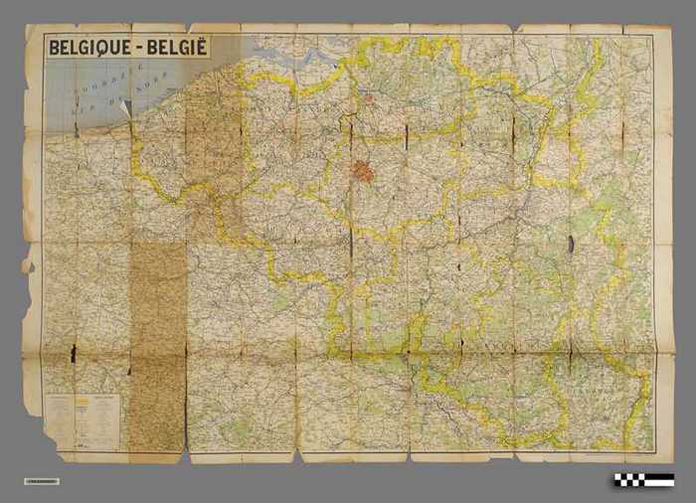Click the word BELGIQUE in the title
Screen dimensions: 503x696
(x=88, y=48)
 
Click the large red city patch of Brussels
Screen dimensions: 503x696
(x=363, y=171)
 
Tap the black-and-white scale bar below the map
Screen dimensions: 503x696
(x=643, y=480)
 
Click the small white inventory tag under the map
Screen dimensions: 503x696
(x=41, y=481)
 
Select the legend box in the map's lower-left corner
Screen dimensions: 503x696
(x=82, y=420)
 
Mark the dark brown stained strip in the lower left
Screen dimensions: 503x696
(x=157, y=348)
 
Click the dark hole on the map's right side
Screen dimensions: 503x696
(x=571, y=243)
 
